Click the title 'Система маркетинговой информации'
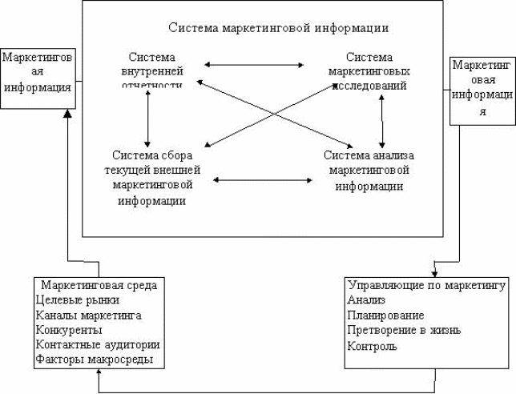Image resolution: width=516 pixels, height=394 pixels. click(x=279, y=28)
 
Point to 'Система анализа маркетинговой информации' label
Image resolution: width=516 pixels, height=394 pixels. click(x=369, y=169)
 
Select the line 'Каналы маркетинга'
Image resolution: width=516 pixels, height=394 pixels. click(x=89, y=315)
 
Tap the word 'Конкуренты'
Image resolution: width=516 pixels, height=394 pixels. click(x=69, y=330)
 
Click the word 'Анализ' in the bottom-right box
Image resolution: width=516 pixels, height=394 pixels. click(x=366, y=300)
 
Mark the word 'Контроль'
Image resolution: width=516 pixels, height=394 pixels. click(x=373, y=346)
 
